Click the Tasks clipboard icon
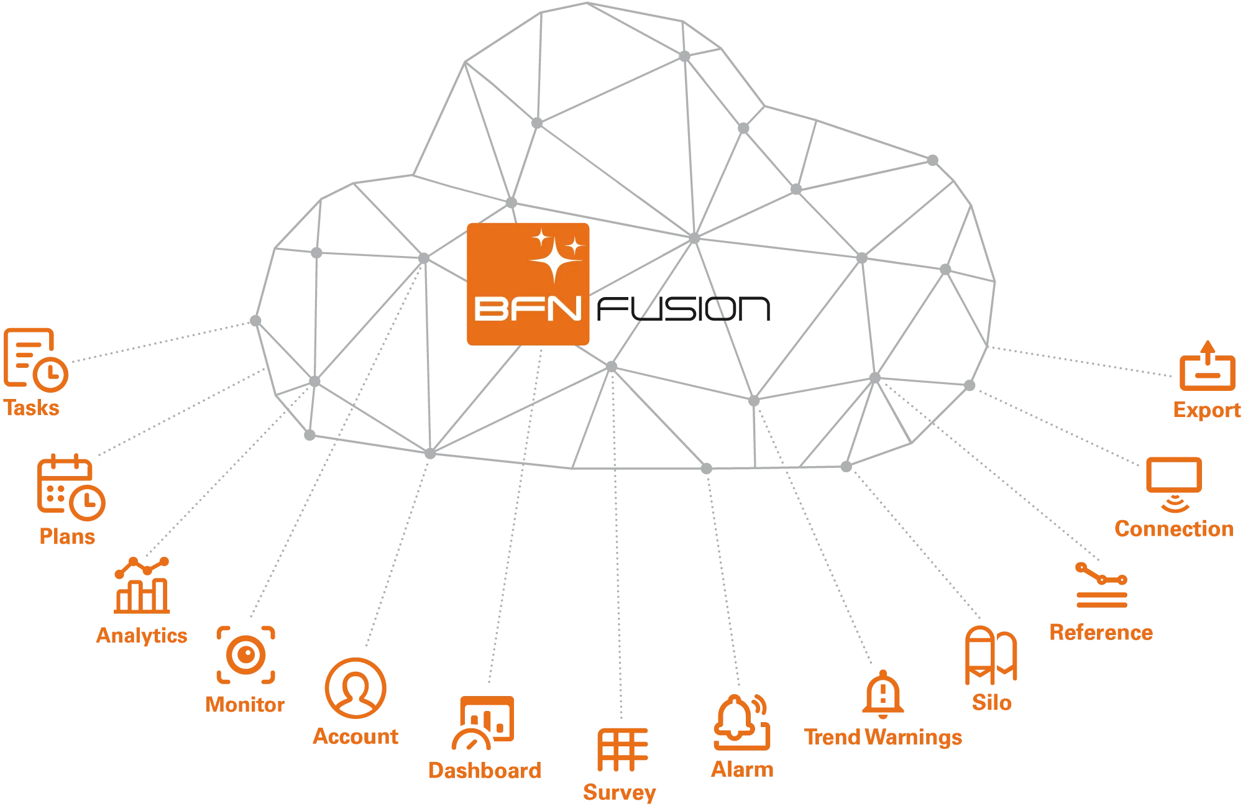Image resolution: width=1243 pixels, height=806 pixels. pyautogui.click(x=35, y=358)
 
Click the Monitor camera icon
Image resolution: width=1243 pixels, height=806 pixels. pyautogui.click(x=245, y=654)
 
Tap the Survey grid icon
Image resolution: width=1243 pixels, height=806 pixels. pyautogui.click(x=623, y=750)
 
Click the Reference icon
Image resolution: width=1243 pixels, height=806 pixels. pyautogui.click(x=1101, y=587)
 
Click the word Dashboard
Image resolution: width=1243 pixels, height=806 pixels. pyautogui.click(x=484, y=771)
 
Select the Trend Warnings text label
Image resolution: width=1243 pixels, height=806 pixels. pyautogui.click(x=883, y=737)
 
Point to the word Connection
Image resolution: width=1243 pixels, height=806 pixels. pyautogui.click(x=1173, y=529)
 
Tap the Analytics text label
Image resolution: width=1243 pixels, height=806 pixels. pyautogui.click(x=142, y=636)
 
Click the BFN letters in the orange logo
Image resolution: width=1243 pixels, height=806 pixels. pyautogui.click(x=527, y=309)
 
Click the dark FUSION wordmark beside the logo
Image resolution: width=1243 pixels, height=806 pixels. pyautogui.click(x=684, y=309)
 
